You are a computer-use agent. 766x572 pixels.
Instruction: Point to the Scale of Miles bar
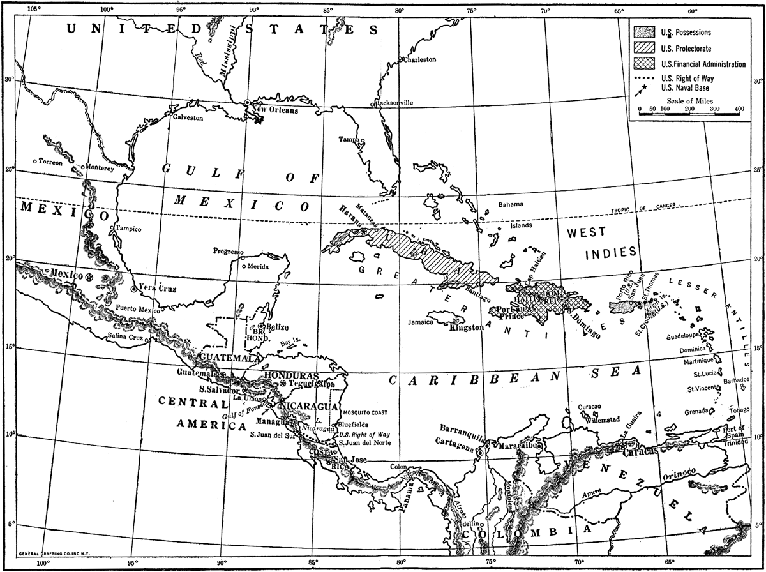[689, 110]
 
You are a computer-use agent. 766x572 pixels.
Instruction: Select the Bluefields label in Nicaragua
[353, 423]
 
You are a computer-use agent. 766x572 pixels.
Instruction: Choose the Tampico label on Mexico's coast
[128, 229]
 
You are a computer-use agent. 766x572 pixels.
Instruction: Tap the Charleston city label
[420, 59]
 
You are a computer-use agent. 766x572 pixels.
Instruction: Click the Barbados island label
[737, 380]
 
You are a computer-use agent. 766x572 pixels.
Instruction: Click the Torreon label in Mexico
[50, 162]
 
